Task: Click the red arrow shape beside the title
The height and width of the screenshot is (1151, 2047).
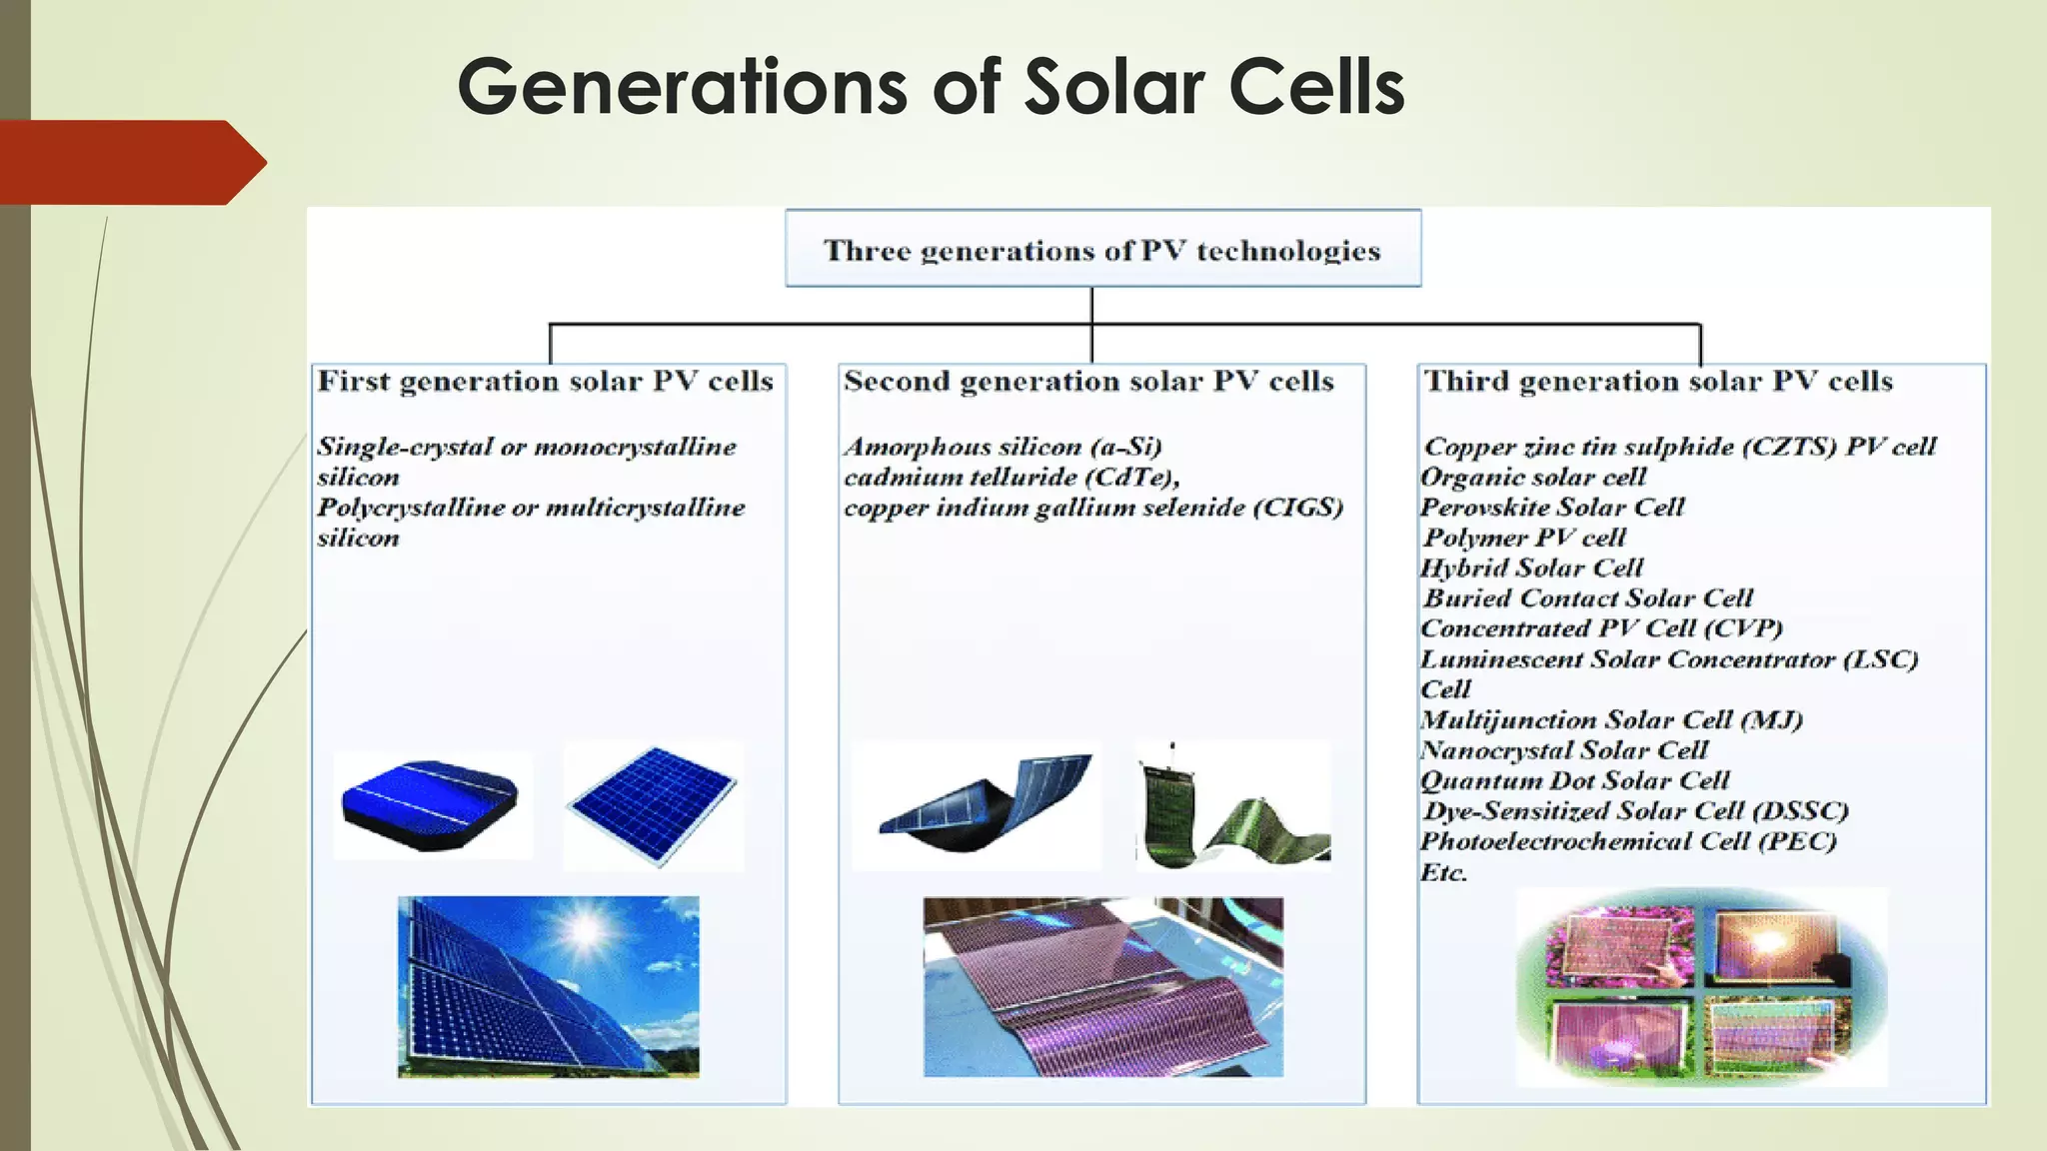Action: [x=130, y=162]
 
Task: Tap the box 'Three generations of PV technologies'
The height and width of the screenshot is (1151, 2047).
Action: [x=1102, y=250]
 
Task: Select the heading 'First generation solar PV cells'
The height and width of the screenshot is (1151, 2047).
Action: [x=546, y=382]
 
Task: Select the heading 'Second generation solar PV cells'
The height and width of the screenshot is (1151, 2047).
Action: [x=1088, y=382]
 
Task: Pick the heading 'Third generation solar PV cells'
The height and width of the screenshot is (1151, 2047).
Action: [x=1658, y=382]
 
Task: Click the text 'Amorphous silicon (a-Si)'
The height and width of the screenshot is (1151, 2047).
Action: [x=1003, y=447]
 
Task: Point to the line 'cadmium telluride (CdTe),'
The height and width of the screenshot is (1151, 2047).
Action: [x=1012, y=478]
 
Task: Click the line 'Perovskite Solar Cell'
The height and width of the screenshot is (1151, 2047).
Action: [x=1552, y=508]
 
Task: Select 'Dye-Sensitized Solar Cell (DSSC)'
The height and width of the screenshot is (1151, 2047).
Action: [x=1635, y=811]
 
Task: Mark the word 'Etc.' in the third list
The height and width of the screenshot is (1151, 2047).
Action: [x=1443, y=872]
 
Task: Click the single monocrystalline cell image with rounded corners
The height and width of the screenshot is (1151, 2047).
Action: [x=431, y=805]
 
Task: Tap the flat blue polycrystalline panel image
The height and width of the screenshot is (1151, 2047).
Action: [x=653, y=805]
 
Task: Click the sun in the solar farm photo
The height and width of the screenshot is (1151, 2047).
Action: [x=586, y=930]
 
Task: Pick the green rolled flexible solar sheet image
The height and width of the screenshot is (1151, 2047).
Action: [x=1233, y=807]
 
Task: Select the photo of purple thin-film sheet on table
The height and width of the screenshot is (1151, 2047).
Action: [x=1102, y=987]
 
